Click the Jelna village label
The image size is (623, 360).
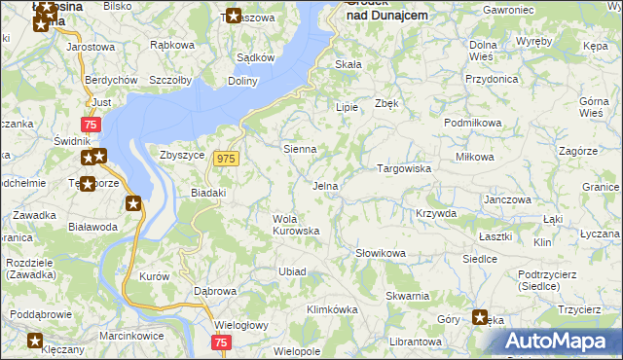point(325,186)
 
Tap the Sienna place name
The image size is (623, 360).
point(299,149)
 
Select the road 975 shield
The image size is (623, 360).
point(227,159)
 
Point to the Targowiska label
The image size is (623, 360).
point(404,168)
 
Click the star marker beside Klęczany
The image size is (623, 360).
point(36,342)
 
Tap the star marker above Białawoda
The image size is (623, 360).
point(133,203)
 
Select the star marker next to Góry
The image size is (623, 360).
point(480,316)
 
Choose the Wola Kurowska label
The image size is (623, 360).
point(296,225)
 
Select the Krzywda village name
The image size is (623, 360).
point(436,213)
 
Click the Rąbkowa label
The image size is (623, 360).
point(172,45)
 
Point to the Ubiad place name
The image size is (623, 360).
point(292,271)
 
